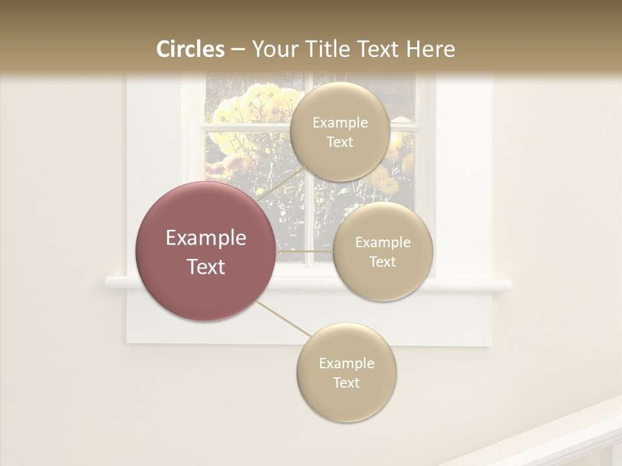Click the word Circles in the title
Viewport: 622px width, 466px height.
[x=190, y=49]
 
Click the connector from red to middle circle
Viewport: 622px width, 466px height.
[x=305, y=251]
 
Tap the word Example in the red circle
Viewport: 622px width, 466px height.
[x=205, y=238]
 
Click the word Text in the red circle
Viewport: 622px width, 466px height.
[x=205, y=267]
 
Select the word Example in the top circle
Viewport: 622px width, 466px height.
[x=340, y=123]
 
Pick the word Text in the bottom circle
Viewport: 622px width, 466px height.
[x=346, y=383]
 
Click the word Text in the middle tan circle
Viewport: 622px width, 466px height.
[x=382, y=262]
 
